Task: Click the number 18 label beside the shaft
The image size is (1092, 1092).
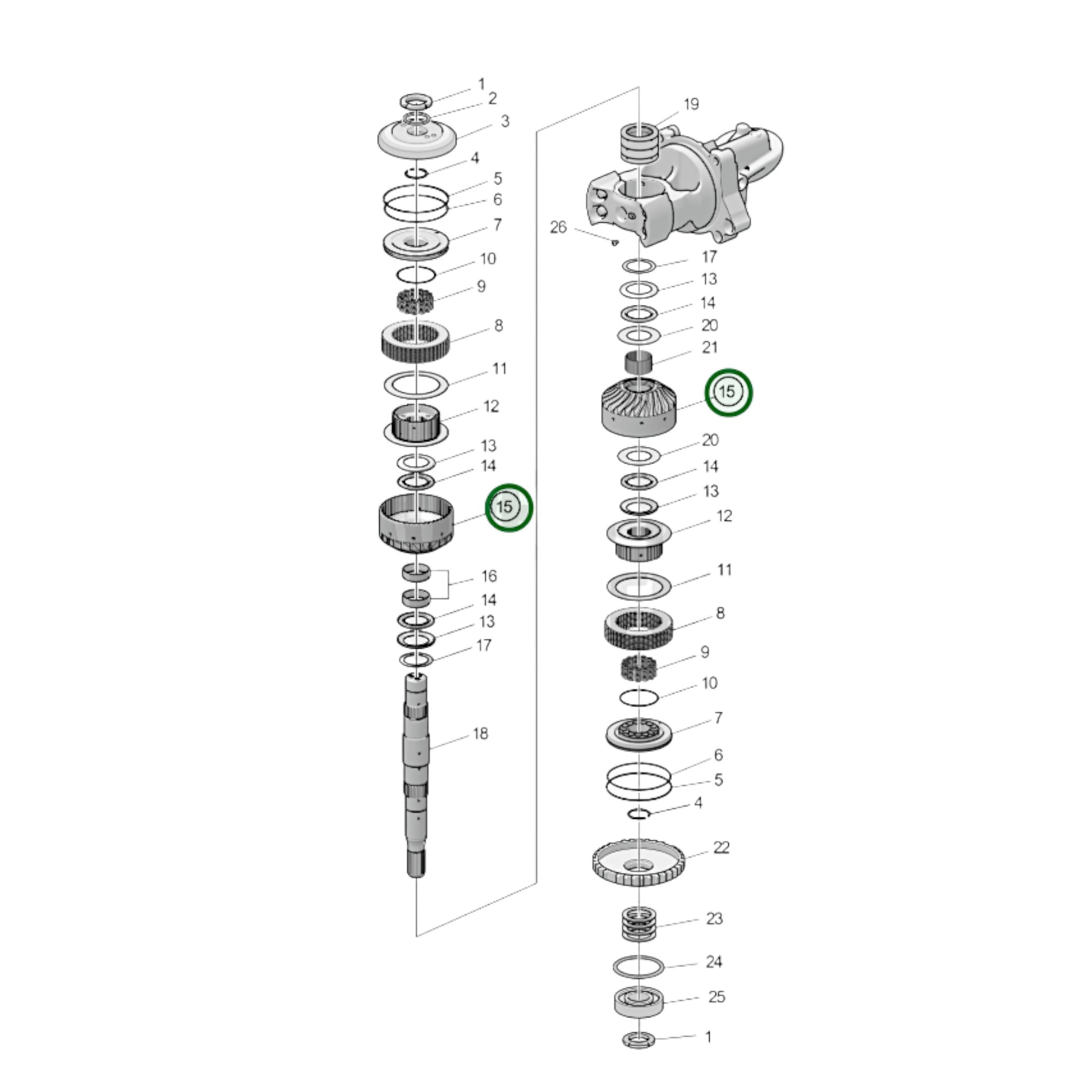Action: click(480, 734)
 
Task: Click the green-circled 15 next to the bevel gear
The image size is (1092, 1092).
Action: click(728, 392)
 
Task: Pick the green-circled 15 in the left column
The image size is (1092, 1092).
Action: click(509, 507)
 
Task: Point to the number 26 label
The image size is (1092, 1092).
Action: click(558, 227)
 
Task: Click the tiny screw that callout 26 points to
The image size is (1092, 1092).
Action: click(614, 242)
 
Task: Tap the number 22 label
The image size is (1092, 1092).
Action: click(721, 847)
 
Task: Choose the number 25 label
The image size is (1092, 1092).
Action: click(716, 1012)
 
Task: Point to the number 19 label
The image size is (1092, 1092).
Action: click(691, 104)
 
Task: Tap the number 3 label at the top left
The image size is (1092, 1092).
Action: click(504, 121)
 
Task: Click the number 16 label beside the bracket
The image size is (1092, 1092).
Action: click(489, 576)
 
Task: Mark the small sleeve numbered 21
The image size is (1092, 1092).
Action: click(638, 363)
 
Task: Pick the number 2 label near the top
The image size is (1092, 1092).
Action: click(492, 98)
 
